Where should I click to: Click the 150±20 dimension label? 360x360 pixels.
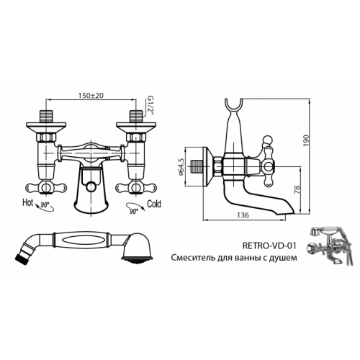pyautogui.click(x=91, y=96)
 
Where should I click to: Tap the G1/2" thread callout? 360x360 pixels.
pyautogui.click(x=150, y=106)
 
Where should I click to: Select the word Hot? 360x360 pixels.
pyautogui.click(x=27, y=202)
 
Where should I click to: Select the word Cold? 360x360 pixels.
pyautogui.click(x=154, y=204)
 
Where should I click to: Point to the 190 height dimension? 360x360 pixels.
pyautogui.click(x=306, y=141)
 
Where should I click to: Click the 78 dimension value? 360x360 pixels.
pyautogui.click(x=297, y=189)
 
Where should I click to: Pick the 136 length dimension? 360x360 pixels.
pyautogui.click(x=243, y=215)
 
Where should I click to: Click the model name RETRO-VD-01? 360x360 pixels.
pyautogui.click(x=269, y=246)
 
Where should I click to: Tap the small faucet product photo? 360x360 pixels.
pyautogui.click(x=330, y=246)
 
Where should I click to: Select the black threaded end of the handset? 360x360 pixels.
pyautogui.click(x=21, y=260)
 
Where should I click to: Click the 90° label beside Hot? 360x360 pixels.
pyautogui.click(x=45, y=205)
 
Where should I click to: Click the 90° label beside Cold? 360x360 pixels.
pyautogui.click(x=134, y=212)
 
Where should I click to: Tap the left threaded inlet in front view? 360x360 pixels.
pyautogui.click(x=46, y=116)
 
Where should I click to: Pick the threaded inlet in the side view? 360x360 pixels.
pyautogui.click(x=197, y=167)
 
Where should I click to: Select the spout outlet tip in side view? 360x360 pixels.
pyautogui.click(x=287, y=211)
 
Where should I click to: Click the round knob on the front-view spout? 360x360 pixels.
pyautogui.click(x=91, y=186)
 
